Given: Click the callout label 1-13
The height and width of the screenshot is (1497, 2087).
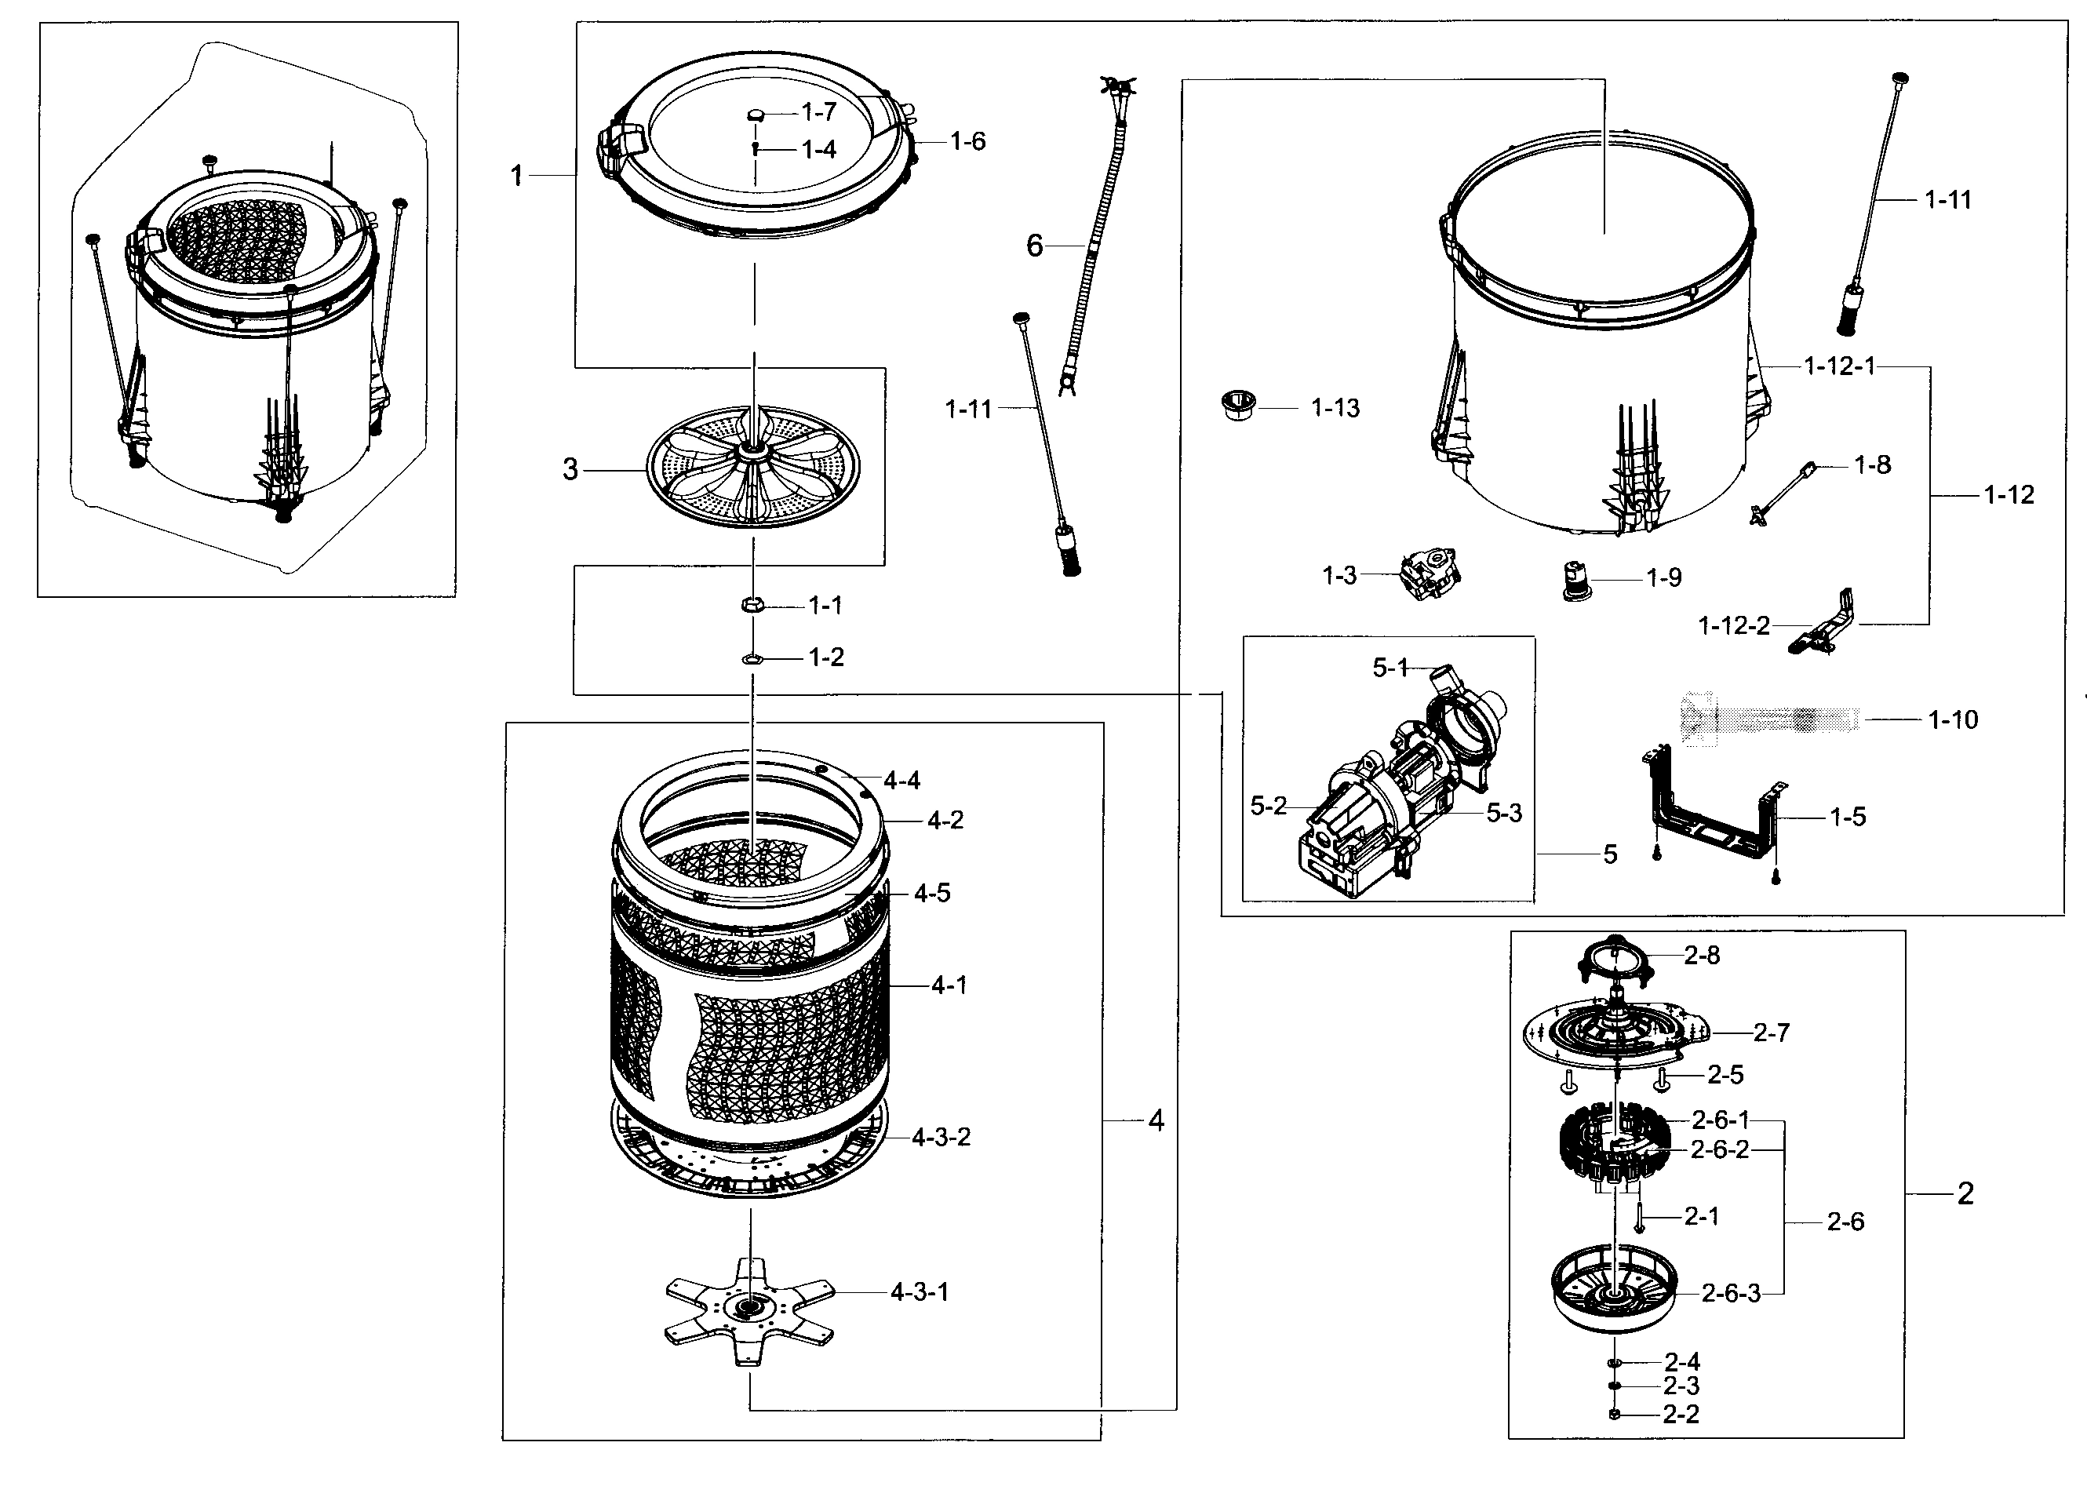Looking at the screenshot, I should point(1335,408).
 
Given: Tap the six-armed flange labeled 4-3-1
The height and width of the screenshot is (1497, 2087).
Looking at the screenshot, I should point(749,1307).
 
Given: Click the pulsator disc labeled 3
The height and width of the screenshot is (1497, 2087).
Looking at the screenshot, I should point(752,467).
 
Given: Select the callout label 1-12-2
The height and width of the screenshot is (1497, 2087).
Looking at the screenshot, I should point(1734,625).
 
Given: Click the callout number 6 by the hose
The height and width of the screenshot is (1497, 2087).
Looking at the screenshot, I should point(1034,246).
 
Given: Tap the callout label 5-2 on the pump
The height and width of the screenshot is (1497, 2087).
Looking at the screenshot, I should point(1268,806).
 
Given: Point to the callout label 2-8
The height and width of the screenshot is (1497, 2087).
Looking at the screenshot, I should point(1702,955).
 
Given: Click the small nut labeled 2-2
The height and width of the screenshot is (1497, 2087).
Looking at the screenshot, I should point(1614,1413).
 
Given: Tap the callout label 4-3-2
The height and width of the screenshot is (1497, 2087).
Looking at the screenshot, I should point(941,1137).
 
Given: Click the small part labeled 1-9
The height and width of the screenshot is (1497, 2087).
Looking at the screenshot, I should point(1577,581).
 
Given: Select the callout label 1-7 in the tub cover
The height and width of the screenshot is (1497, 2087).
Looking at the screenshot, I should point(818,112).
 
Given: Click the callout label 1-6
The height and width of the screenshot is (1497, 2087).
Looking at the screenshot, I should point(967,142).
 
